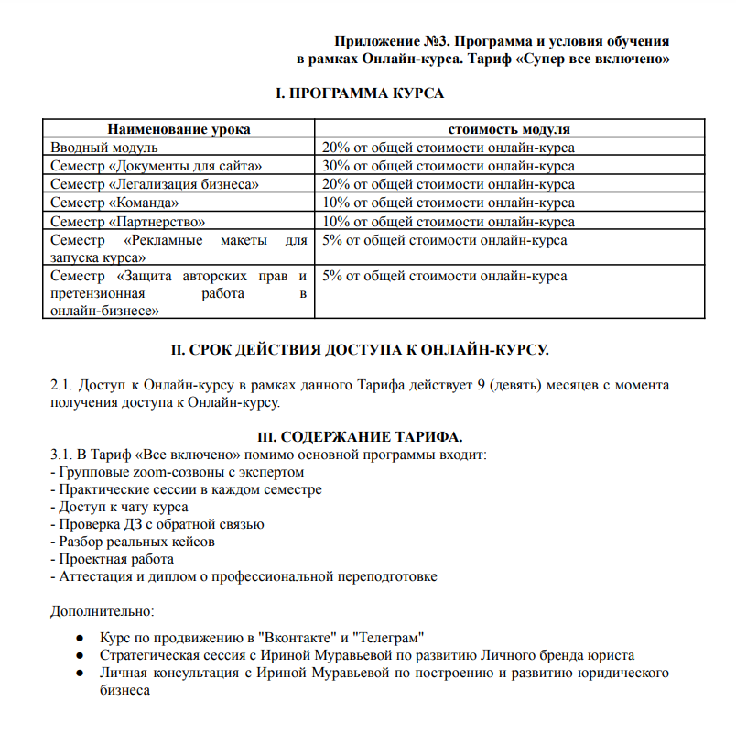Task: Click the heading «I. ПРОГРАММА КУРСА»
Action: point(360,93)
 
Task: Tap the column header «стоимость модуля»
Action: point(509,129)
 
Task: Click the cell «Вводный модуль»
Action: point(104,148)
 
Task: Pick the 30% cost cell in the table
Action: point(448,166)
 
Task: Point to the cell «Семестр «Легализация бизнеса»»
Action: point(155,184)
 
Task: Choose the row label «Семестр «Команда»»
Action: point(114,203)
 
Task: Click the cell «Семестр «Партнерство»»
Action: point(128,221)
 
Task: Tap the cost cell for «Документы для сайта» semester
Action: point(448,166)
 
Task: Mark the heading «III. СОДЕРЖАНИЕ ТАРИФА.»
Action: point(362,435)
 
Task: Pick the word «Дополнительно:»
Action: point(102,610)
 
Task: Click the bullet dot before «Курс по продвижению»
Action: point(81,638)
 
